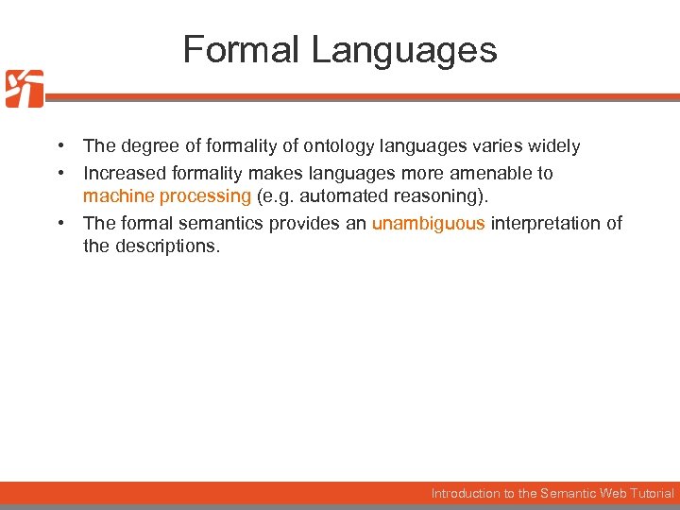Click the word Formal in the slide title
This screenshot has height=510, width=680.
(242, 49)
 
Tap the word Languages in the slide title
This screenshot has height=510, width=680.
(403, 49)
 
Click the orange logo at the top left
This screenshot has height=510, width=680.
(25, 89)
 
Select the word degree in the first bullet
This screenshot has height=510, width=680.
(147, 146)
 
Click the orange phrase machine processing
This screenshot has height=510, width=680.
(167, 196)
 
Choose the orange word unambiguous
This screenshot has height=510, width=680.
(428, 224)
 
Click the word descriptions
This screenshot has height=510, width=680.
(168, 246)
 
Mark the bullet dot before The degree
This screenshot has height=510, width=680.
(59, 146)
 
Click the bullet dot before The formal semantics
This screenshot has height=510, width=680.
(59, 224)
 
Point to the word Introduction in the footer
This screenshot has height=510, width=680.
(467, 493)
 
